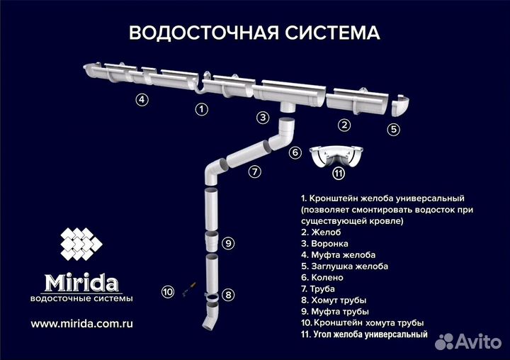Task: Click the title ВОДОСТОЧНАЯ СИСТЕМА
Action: click(254, 33)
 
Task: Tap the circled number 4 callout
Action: click(142, 100)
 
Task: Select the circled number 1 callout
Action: click(202, 109)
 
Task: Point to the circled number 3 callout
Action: click(263, 118)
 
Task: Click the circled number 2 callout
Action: click(344, 125)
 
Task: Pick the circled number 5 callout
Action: click(394, 129)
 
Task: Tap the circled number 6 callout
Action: click(296, 152)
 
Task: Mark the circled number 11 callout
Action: click(339, 173)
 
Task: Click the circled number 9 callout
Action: click(227, 243)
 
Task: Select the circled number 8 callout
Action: click(227, 293)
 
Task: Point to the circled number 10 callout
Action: click(168, 291)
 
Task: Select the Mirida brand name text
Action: click(81, 282)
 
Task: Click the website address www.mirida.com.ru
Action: click(82, 323)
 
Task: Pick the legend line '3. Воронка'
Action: click(327, 243)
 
